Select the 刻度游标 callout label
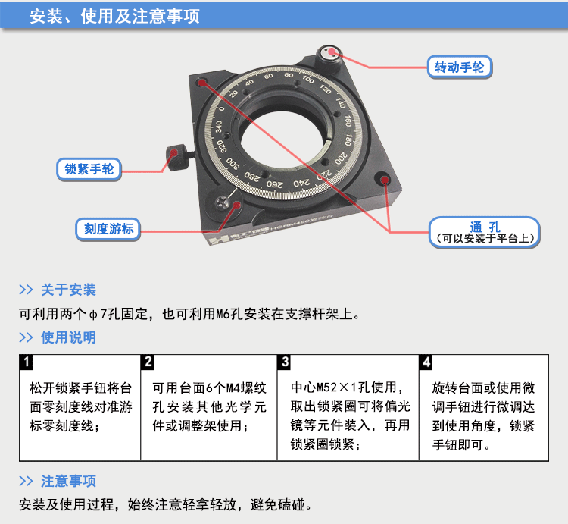108,228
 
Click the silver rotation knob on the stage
330,53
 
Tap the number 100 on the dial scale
307,80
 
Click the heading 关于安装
68,290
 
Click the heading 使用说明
68,337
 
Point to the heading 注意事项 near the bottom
68,481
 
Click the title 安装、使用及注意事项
114,16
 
